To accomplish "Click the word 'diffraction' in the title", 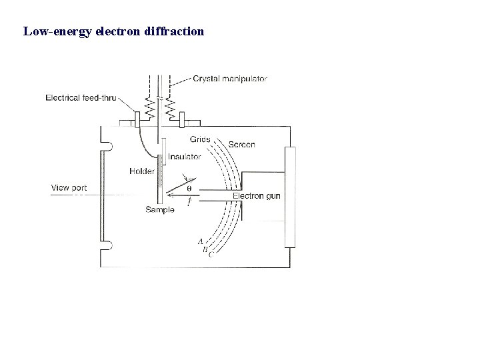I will pyautogui.click(x=175, y=31).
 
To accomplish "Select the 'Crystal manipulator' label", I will pyautogui.click(x=230, y=79).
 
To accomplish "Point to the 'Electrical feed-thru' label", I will pyautogui.click(x=81, y=97).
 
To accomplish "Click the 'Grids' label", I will pyautogui.click(x=199, y=139).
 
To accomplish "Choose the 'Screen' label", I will pyautogui.click(x=241, y=145).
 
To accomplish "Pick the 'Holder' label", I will pyautogui.click(x=142, y=171).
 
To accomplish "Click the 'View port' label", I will pyautogui.click(x=69, y=188).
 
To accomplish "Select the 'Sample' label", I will pyautogui.click(x=160, y=210).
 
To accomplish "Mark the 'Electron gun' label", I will pyautogui.click(x=256, y=196).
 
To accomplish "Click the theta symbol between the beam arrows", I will pyautogui.click(x=189, y=189).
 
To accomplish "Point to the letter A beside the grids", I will pyautogui.click(x=200, y=241).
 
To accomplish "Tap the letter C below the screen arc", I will pyautogui.click(x=211, y=254).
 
